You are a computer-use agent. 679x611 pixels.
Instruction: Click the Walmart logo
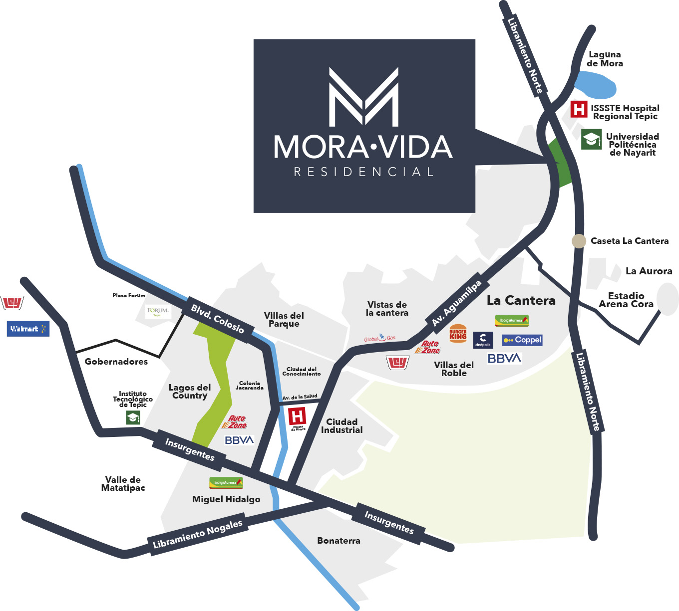pyautogui.click(x=28, y=329)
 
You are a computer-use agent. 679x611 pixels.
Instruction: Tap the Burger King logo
pyautogui.click(x=458, y=334)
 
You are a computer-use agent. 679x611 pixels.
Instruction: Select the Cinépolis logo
pyautogui.click(x=483, y=340)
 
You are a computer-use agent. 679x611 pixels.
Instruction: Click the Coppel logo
pyautogui.click(x=522, y=340)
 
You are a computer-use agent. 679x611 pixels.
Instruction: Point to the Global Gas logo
pyautogui.click(x=380, y=338)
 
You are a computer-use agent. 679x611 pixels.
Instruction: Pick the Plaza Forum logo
pyautogui.click(x=158, y=312)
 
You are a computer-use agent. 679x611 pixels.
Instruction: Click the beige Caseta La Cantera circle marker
pyautogui.click(x=579, y=241)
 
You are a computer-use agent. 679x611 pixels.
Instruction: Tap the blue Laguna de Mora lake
pyautogui.click(x=596, y=84)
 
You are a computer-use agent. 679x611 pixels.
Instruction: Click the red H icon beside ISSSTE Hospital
pyautogui.click(x=579, y=109)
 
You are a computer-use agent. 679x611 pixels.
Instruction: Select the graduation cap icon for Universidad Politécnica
pyautogui.click(x=592, y=139)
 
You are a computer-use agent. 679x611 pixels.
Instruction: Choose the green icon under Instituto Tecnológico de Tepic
pyautogui.click(x=133, y=417)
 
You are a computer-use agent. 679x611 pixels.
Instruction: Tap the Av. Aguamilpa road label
pyautogui.click(x=457, y=303)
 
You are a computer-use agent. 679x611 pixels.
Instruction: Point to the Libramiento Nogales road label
pyautogui.click(x=198, y=534)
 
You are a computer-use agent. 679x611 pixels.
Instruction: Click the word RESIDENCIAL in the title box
pyautogui.click(x=364, y=172)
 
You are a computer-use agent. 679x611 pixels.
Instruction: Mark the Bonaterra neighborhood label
pyautogui.click(x=339, y=541)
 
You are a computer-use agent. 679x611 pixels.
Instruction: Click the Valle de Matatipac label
pyautogui.click(x=123, y=484)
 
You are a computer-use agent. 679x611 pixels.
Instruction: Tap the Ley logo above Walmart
pyautogui.click(x=12, y=302)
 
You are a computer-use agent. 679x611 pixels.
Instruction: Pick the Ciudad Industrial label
pyautogui.click(x=342, y=426)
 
